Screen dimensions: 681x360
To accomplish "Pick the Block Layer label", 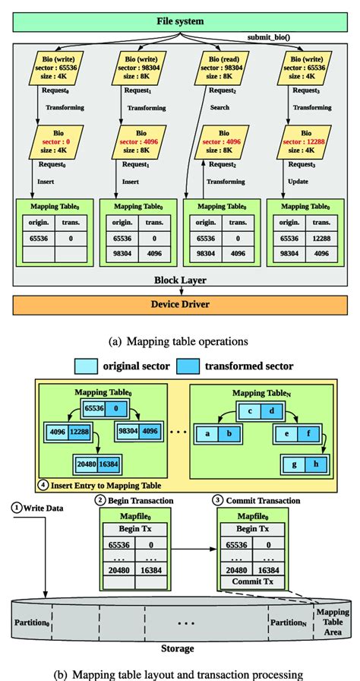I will coord(181,280).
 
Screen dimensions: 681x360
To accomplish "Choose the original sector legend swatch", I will coord(85,366).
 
